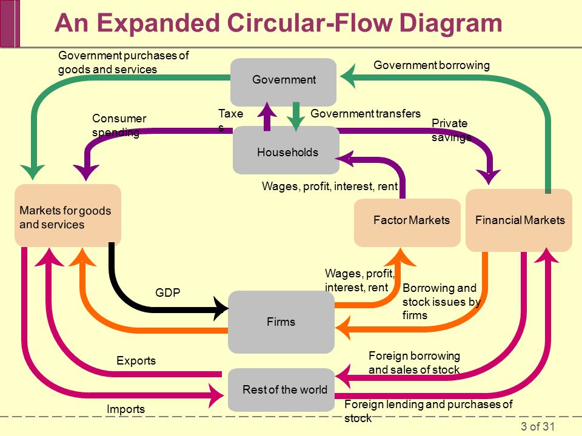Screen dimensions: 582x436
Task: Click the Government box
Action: [284, 82]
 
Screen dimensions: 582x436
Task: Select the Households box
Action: [286, 150]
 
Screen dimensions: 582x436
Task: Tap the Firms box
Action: [281, 322]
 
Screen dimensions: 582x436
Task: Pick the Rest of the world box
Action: [281, 389]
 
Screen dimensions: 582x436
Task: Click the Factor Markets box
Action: [407, 223]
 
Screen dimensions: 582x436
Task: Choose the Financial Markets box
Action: [519, 220]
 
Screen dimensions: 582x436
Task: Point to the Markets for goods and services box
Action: [68, 216]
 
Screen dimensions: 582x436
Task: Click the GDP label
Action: [168, 292]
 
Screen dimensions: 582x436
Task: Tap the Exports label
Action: [136, 361]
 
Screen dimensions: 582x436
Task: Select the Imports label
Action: [126, 409]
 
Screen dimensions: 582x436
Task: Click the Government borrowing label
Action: [432, 65]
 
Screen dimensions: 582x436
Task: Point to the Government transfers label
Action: [366, 113]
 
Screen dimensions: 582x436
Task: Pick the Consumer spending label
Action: [119, 125]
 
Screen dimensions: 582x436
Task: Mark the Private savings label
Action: [451, 130]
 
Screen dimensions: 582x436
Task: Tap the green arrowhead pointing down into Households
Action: [296, 124]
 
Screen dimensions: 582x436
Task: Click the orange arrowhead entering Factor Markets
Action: [400, 257]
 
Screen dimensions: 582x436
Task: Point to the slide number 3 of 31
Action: [538, 426]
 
